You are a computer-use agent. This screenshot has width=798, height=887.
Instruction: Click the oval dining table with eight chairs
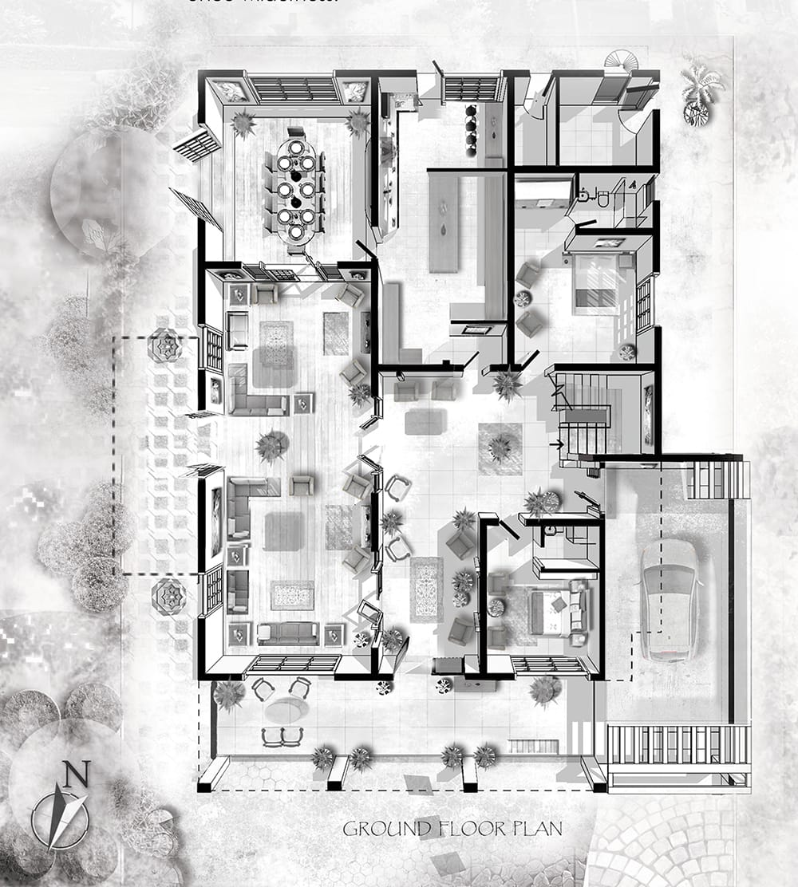[x=295, y=190]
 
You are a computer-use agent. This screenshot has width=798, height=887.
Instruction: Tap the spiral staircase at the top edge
[x=617, y=61]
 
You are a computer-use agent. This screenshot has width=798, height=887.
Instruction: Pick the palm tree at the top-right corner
[x=700, y=89]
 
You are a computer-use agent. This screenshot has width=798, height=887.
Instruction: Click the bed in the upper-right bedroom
[x=599, y=283]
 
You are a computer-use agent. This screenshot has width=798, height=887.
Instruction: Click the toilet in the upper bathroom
[x=602, y=197]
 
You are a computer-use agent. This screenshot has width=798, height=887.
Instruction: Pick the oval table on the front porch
[x=286, y=710]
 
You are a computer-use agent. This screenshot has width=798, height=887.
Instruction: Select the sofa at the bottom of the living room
[x=288, y=633]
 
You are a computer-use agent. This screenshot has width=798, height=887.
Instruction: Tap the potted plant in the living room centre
[x=271, y=445]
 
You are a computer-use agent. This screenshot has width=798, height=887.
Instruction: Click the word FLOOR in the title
[x=462, y=829]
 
